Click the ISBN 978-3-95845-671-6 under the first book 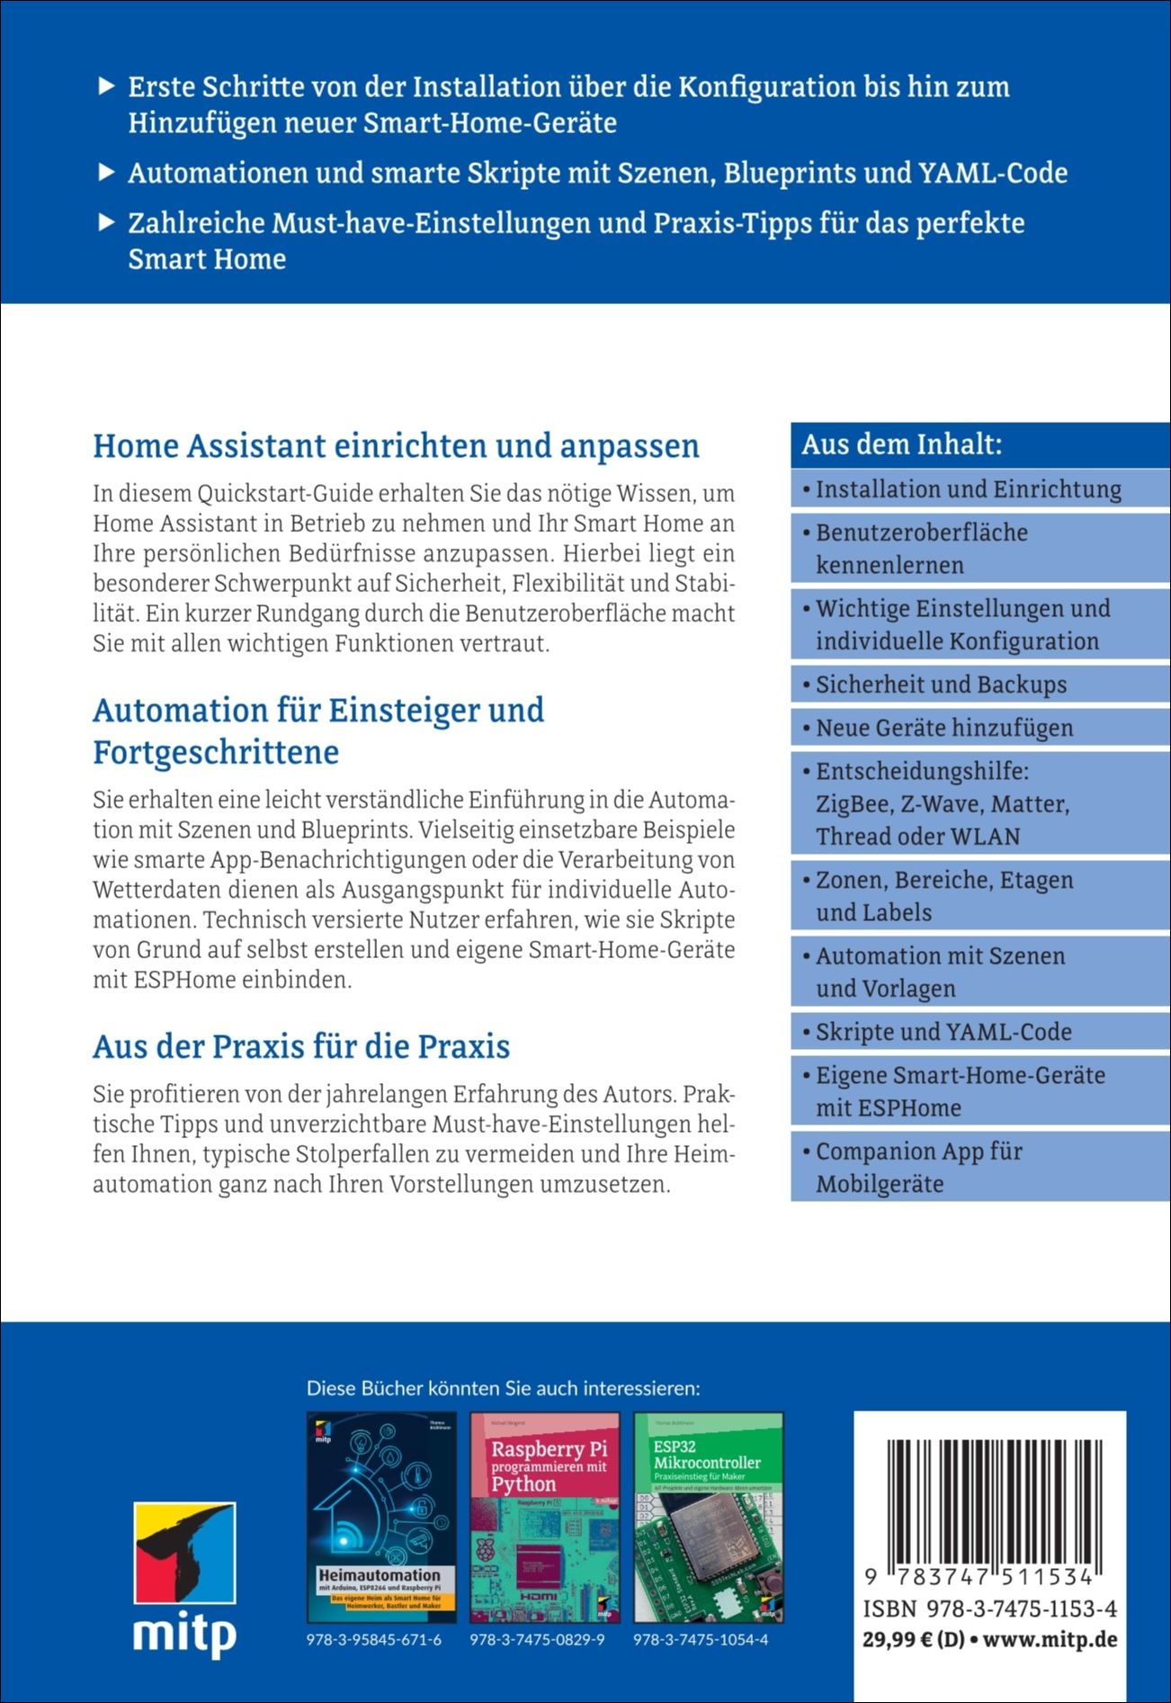coord(374,1639)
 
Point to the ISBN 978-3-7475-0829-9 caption coord(537,1639)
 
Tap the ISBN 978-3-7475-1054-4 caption coord(701,1639)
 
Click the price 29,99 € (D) coord(913,1639)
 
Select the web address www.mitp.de coord(1050,1639)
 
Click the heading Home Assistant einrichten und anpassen coord(396,446)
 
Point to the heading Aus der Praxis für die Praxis coord(301,1046)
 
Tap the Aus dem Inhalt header coord(902,444)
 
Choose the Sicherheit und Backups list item coord(941,685)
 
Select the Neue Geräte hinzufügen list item coord(944,728)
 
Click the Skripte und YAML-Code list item coord(943,1032)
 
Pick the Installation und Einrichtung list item coord(968,489)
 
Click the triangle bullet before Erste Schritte coord(106,87)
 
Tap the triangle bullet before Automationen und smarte coord(106,173)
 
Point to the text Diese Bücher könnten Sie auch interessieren coord(504,1388)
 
